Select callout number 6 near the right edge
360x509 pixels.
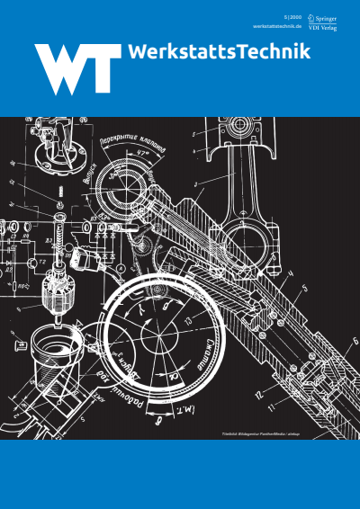click(x=353, y=341)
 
